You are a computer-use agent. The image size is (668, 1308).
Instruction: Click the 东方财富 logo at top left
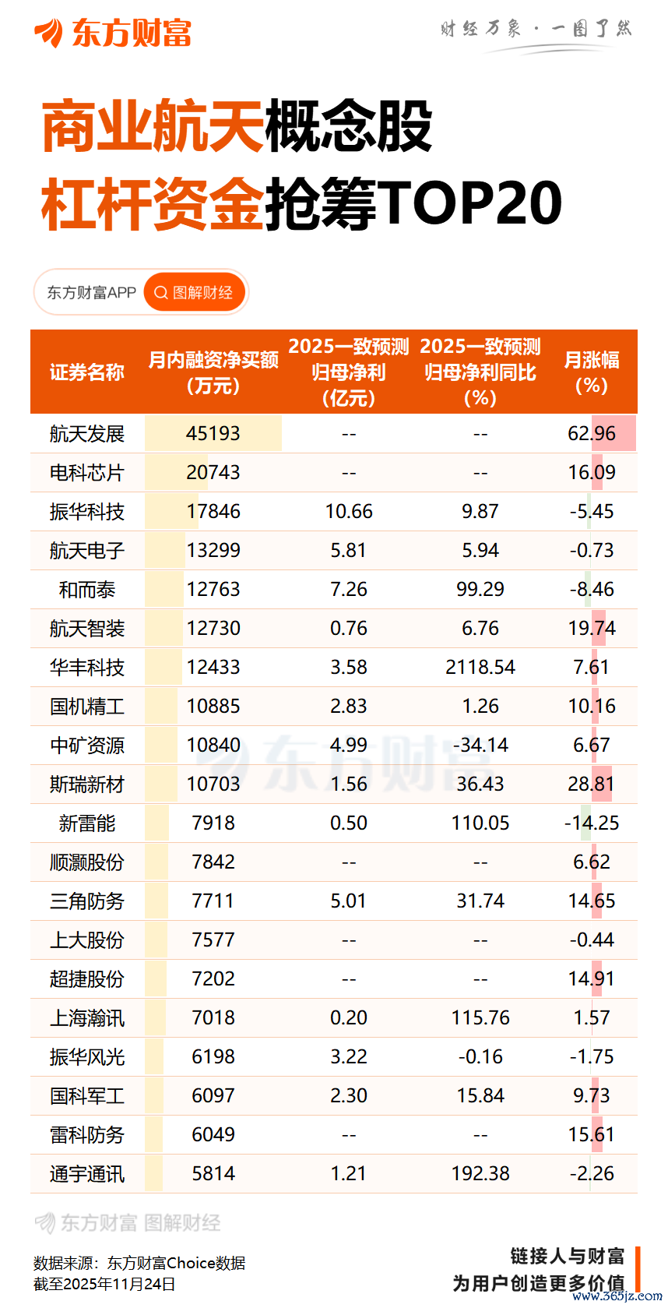coord(113,33)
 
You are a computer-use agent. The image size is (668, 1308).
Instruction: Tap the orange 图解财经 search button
coord(195,293)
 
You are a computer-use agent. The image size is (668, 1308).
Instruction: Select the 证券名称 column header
coord(87,372)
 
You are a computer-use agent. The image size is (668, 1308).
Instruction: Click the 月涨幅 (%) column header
coord(592,372)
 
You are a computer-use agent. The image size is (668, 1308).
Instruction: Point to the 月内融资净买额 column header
coord(213,372)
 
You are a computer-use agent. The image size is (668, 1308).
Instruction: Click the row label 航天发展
coord(87,434)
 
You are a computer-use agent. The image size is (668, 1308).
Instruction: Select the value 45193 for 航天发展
coord(213,434)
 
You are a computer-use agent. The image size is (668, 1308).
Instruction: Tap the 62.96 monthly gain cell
coord(592,434)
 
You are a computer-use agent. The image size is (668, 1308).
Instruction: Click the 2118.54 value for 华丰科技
coord(480,668)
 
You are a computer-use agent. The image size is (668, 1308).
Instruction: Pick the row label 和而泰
coord(87,590)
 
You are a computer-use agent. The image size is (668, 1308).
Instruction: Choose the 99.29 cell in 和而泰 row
coord(480,590)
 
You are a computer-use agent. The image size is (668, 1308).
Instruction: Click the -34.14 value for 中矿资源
coord(480,746)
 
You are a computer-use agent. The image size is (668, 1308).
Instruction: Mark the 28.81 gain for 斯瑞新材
coord(592,784)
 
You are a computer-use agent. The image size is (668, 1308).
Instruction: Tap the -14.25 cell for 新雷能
coord(592,823)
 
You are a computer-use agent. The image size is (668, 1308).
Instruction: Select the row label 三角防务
coord(87,901)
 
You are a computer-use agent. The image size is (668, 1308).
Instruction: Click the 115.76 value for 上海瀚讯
coord(480,1018)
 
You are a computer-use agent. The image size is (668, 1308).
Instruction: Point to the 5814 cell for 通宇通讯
coord(213,1174)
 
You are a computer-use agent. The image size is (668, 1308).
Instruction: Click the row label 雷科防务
coord(87,1135)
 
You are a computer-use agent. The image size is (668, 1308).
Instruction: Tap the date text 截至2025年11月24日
coord(104,1284)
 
